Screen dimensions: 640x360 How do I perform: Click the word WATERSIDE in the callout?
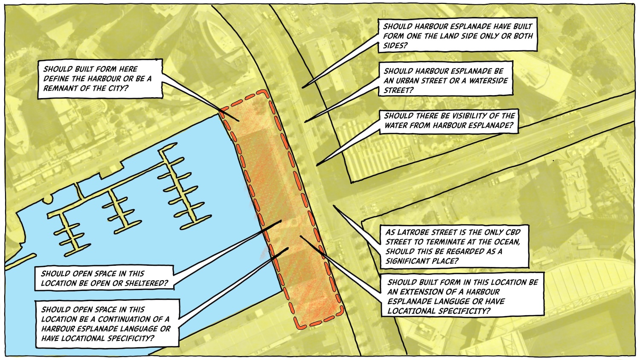click(489, 81)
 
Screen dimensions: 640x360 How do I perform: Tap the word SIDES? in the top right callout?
click(395, 46)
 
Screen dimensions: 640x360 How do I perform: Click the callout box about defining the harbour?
click(100, 79)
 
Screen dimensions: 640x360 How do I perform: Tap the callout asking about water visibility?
click(449, 122)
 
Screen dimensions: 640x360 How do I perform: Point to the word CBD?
click(512, 232)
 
